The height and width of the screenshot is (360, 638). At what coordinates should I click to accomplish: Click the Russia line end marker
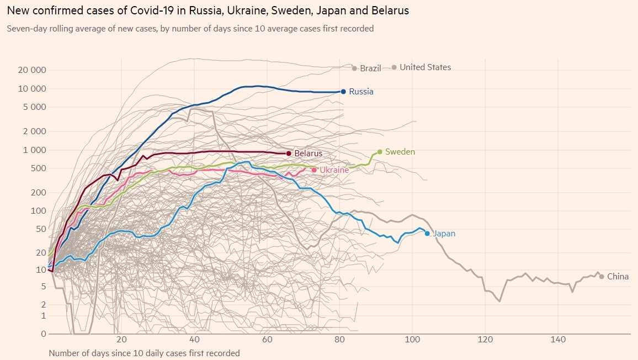click(343, 92)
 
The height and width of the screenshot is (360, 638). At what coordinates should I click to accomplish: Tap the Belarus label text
click(308, 153)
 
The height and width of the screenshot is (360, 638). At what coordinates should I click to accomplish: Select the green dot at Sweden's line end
click(380, 152)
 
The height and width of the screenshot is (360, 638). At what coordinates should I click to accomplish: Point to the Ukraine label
click(334, 170)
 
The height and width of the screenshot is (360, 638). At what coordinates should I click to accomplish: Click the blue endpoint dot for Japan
click(427, 234)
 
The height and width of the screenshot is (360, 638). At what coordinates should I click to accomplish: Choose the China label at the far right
click(618, 277)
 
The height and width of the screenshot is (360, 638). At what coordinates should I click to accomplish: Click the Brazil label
click(370, 68)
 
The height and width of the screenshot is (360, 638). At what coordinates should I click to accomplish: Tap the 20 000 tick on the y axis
click(31, 70)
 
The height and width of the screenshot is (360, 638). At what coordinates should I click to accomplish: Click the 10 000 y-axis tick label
click(31, 89)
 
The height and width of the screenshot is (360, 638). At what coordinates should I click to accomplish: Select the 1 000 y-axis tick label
click(35, 150)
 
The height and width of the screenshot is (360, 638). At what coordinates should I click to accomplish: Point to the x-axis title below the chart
click(145, 353)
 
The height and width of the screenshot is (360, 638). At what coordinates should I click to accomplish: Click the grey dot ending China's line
click(602, 277)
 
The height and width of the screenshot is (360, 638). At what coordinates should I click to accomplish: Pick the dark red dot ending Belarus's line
click(289, 153)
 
